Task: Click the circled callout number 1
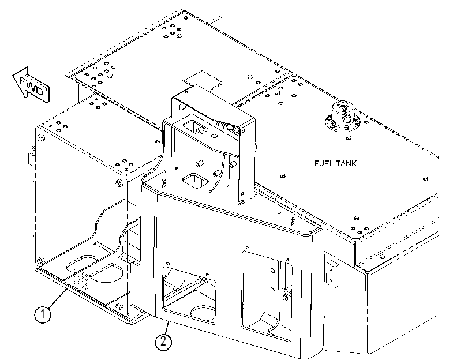[x=43, y=314]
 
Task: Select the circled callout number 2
[x=163, y=341]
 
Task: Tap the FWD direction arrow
[x=31, y=85]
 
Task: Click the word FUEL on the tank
[x=324, y=163]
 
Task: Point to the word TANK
[x=346, y=163]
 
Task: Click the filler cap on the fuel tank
[x=342, y=116]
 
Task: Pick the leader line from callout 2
[x=167, y=328]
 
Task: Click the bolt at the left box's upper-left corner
[x=41, y=138]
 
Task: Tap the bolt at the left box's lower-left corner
[x=39, y=261]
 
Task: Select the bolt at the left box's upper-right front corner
[x=119, y=182]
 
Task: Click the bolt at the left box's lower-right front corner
[x=119, y=306]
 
